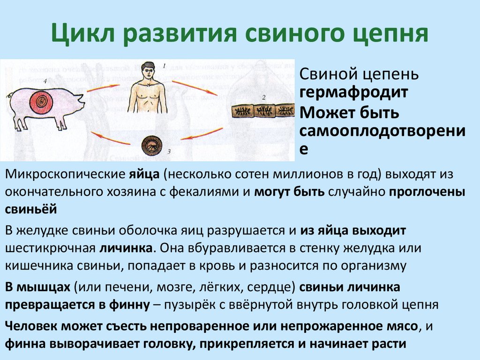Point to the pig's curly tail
point(10,96)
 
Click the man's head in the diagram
point(149,72)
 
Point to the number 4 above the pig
point(45,82)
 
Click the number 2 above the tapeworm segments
point(263,97)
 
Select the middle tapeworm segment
point(266,112)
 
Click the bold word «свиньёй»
point(31,210)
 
